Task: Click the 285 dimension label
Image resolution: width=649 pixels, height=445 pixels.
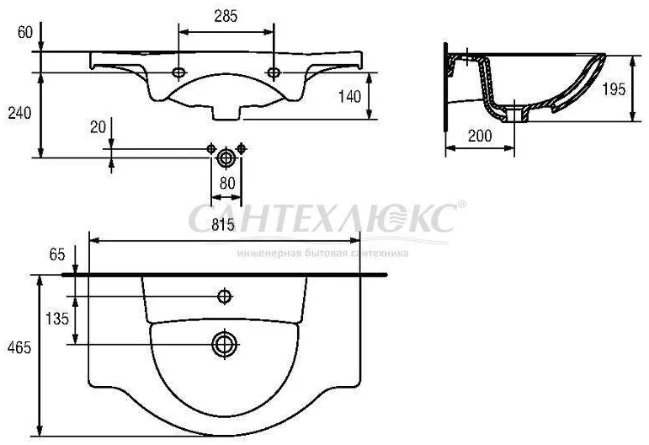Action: click(x=226, y=16)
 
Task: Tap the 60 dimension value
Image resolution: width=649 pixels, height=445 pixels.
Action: click(x=24, y=33)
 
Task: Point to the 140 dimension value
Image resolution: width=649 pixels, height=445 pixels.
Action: click(x=349, y=95)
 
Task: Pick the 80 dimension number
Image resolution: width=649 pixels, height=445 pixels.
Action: click(x=226, y=183)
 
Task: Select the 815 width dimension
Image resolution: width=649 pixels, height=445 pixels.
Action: click(x=223, y=226)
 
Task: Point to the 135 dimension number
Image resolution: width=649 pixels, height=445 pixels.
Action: click(x=56, y=319)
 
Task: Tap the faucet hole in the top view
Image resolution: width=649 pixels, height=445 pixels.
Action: click(x=225, y=296)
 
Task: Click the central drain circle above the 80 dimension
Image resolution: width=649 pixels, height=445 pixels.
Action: click(x=226, y=157)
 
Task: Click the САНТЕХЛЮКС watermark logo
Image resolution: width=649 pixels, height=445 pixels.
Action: click(x=323, y=219)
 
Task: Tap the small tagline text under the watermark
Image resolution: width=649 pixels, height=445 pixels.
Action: click(x=323, y=252)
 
